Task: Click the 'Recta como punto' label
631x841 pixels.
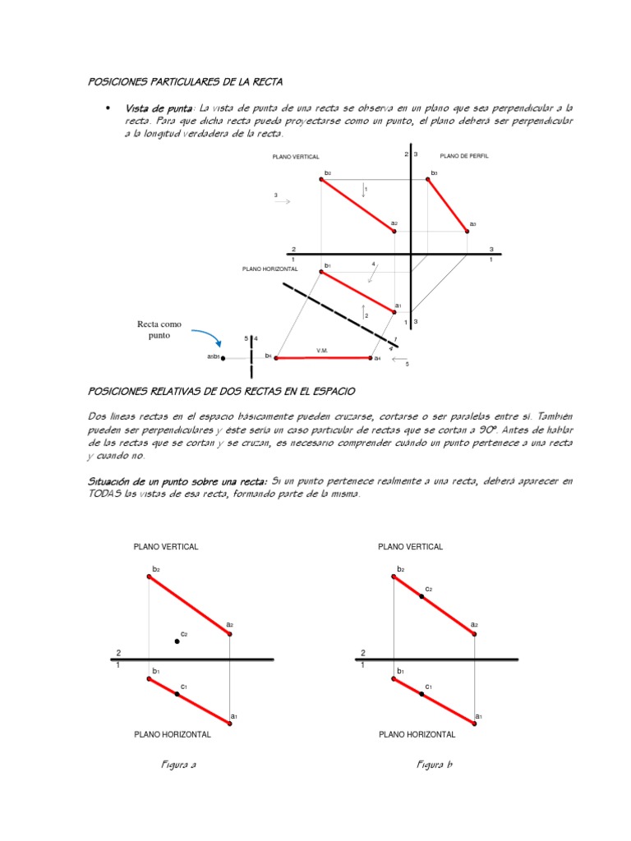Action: (159, 330)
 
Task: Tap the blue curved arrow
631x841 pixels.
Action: (208, 336)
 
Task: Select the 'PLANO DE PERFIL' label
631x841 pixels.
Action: (464, 156)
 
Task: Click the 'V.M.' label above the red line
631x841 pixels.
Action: (323, 351)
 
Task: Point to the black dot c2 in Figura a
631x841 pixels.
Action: (177, 641)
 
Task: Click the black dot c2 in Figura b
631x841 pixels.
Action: (421, 596)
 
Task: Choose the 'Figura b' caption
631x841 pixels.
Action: (435, 765)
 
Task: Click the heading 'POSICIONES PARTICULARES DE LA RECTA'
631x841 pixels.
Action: (185, 81)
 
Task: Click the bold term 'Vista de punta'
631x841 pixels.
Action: (159, 108)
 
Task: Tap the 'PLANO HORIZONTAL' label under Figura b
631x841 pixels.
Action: (417, 735)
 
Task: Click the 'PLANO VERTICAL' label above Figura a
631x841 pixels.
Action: (166, 547)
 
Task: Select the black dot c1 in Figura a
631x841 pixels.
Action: (177, 694)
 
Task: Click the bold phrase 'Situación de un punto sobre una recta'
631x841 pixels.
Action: (177, 480)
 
